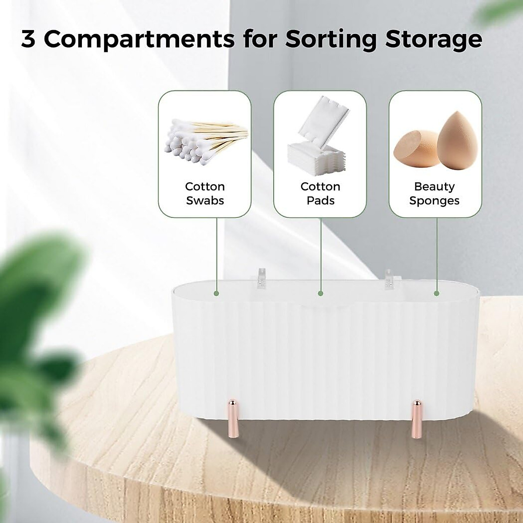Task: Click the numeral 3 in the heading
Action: pos(28,39)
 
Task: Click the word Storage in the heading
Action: pos(434,39)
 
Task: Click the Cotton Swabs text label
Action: pos(205,194)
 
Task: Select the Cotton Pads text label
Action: pos(320,194)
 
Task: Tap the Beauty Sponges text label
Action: pos(435,194)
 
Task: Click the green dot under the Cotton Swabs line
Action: pos(216,294)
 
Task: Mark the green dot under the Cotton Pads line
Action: pos(320,294)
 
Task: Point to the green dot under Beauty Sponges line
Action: pos(436,294)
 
